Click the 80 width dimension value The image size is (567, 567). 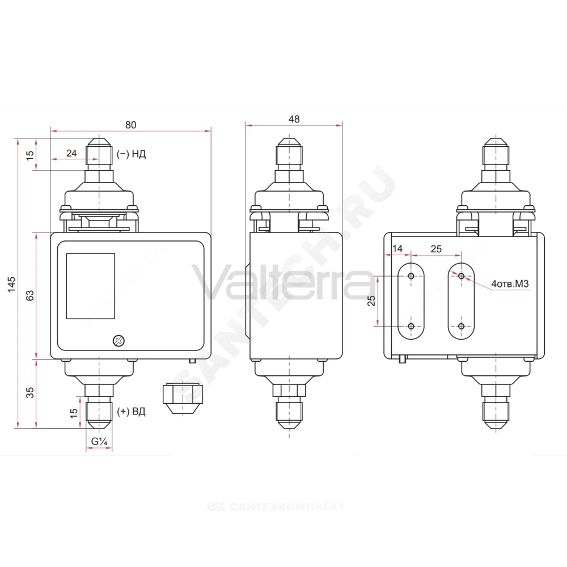(130, 125)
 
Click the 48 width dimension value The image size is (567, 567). (294, 119)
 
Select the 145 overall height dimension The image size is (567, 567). (11, 284)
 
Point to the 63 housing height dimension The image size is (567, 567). (30, 295)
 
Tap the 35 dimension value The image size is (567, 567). (30, 392)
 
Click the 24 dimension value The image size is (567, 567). (71, 153)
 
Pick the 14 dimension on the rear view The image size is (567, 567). (397, 248)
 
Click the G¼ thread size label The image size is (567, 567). (99, 442)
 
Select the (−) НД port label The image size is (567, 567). (132, 154)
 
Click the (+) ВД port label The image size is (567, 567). (132, 412)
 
